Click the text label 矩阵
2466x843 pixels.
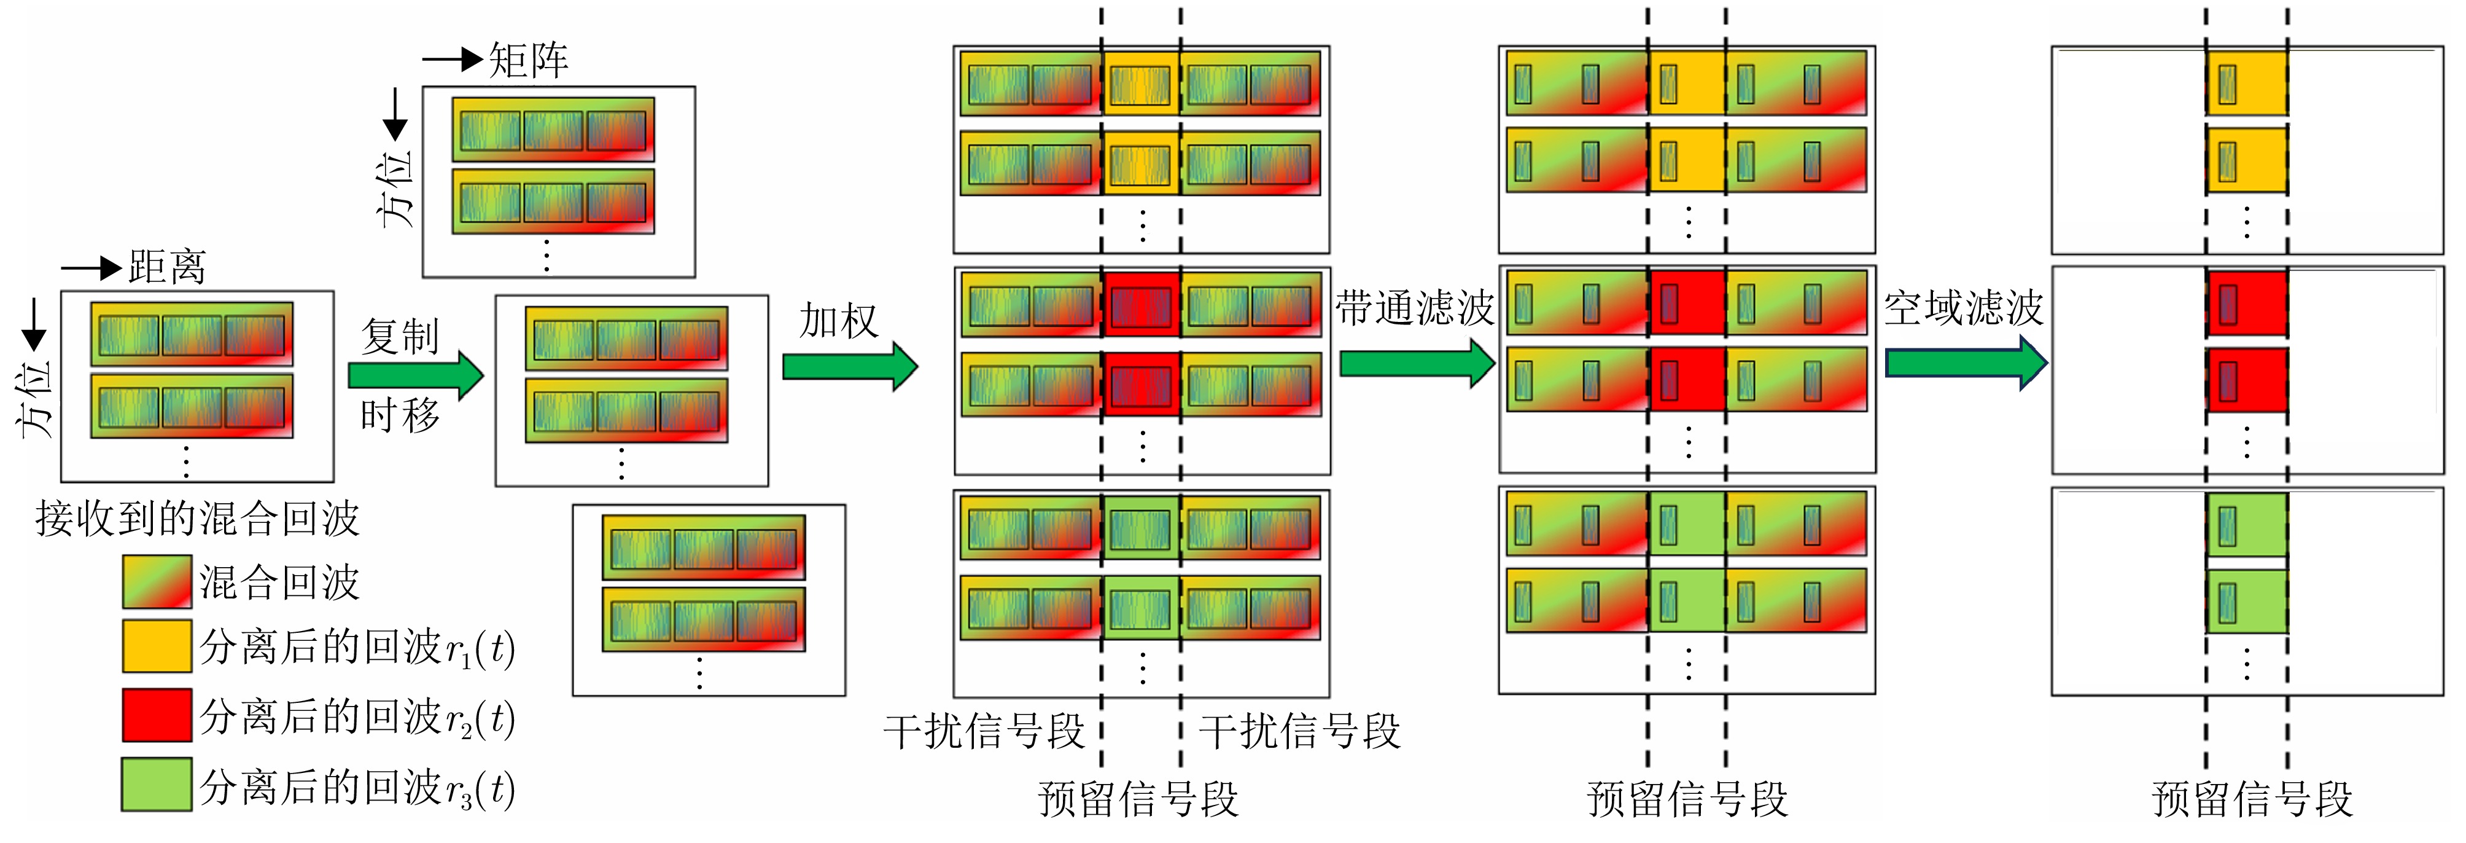(529, 60)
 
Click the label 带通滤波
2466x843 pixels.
(1415, 308)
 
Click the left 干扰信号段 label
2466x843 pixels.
(984, 732)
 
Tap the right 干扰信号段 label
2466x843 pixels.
(1300, 732)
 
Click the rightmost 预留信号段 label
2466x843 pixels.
(2252, 799)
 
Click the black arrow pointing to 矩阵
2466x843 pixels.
(452, 60)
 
